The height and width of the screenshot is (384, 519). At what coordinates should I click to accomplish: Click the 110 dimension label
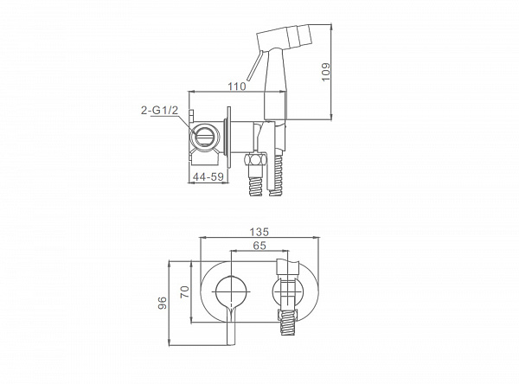pyautogui.click(x=237, y=86)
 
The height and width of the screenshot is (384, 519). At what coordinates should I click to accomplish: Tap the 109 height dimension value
pyautogui.click(x=326, y=72)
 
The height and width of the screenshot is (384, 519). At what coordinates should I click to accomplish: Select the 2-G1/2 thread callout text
pyautogui.click(x=159, y=110)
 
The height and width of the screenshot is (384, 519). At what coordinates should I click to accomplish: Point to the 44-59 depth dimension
pyautogui.click(x=208, y=177)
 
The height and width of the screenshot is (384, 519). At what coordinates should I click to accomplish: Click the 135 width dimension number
pyautogui.click(x=259, y=232)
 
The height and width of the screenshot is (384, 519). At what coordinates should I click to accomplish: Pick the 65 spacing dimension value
pyautogui.click(x=259, y=246)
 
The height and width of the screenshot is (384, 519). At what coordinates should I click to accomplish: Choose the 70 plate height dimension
pyautogui.click(x=184, y=291)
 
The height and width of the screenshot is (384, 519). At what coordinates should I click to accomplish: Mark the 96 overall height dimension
pyautogui.click(x=163, y=303)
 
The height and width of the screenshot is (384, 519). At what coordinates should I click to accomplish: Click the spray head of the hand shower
pyautogui.click(x=285, y=37)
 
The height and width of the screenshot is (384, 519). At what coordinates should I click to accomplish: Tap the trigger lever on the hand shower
pyautogui.click(x=254, y=66)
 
